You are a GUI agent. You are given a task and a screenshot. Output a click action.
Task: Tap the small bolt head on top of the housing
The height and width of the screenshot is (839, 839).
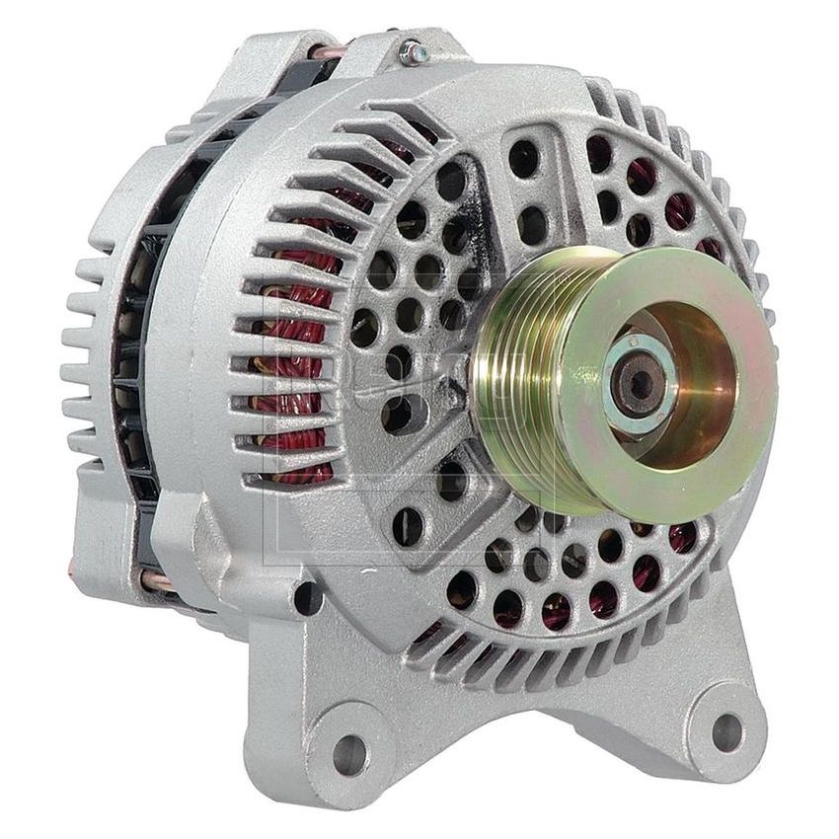click(413, 51)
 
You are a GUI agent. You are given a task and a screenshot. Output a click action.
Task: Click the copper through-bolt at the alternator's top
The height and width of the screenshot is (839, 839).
click(326, 49)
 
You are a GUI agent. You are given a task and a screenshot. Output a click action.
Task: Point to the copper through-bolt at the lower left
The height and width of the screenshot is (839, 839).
click(158, 580)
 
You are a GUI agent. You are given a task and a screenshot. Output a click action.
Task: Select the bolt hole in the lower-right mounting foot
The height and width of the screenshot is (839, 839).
click(727, 730)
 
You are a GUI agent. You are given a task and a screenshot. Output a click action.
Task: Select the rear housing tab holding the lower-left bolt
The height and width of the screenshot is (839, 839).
click(109, 553)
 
